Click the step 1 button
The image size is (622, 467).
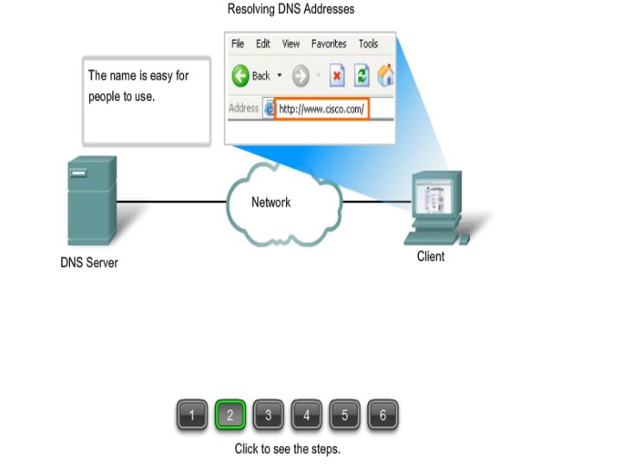(192, 416)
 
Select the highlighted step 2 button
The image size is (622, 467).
(230, 416)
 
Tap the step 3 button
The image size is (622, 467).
(268, 416)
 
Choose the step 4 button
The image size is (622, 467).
(306, 416)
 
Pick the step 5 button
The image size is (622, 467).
(344, 416)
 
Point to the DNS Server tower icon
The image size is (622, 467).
(92, 201)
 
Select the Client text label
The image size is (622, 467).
(430, 256)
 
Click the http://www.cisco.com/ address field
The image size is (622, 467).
(321, 109)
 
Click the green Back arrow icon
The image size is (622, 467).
(241, 76)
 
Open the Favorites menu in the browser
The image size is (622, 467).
(328, 44)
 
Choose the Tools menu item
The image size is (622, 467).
(368, 44)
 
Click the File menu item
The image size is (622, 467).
(238, 44)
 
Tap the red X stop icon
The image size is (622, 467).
(337, 76)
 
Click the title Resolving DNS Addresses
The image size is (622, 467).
(290, 10)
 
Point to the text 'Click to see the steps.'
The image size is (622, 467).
(288, 449)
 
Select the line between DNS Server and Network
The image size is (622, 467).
(171, 202)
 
